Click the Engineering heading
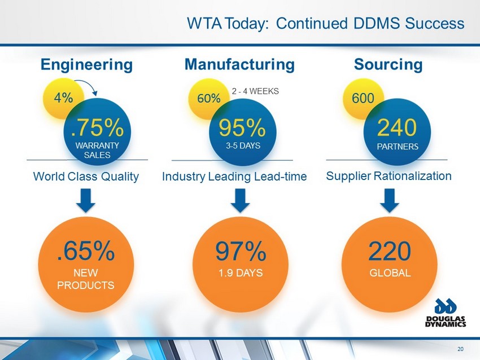tap(86, 65)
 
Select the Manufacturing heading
tap(239, 64)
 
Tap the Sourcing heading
tap(388, 65)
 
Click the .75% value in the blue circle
tap(97, 128)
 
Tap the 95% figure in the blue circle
tap(242, 128)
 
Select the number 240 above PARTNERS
tap(397, 128)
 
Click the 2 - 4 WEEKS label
tap(255, 91)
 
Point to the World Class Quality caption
tap(86, 177)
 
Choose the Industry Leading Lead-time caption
tap(234, 177)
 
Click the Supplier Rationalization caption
tap(389, 176)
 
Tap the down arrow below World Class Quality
tap(86, 201)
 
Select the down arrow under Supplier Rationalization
tap(390, 201)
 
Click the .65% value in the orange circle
tap(86, 251)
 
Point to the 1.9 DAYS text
tap(241, 273)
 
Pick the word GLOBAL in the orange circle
tap(390, 273)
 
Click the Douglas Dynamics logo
tap(446, 312)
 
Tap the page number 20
tap(460, 349)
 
